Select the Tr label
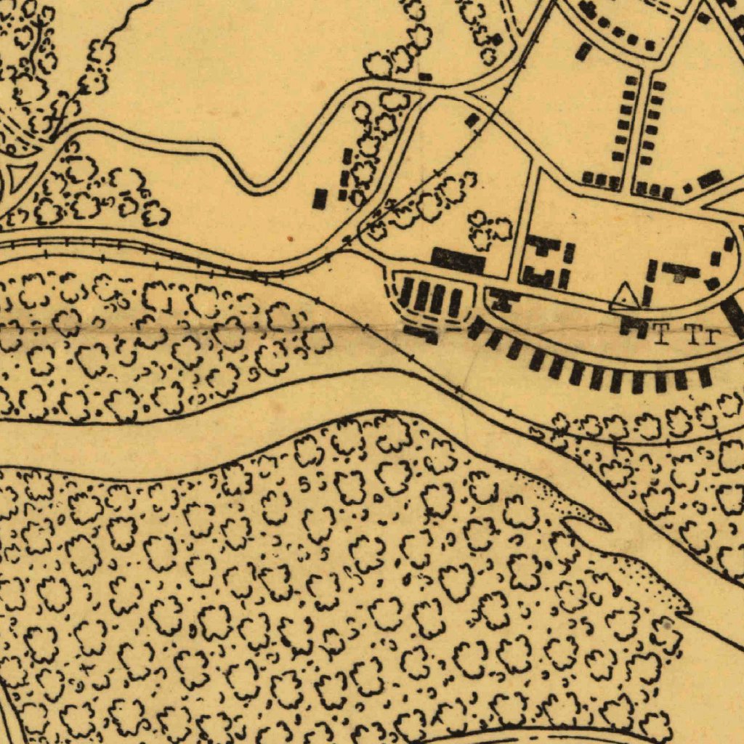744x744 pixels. pyautogui.click(x=702, y=336)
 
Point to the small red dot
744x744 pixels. pyautogui.click(x=290, y=238)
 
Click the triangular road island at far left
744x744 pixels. pyautogui.click(x=20, y=174)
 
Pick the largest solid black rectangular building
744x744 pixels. pyautogui.click(x=458, y=260)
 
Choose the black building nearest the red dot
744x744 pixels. pyautogui.click(x=320, y=198)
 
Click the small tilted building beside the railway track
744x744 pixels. pyautogui.click(x=473, y=120)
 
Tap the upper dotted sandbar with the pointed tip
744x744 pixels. pyautogui.click(x=574, y=509)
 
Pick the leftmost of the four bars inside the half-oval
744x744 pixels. pyautogui.click(x=406, y=292)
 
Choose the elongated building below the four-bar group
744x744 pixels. pyautogui.click(x=421, y=334)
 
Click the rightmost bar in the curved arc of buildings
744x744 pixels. pyautogui.click(x=704, y=377)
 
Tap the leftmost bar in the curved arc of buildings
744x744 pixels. pyautogui.click(x=475, y=329)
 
